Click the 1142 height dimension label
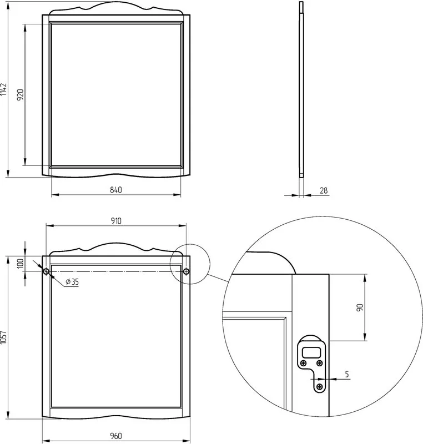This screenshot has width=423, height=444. pyautogui.click(x=3, y=89)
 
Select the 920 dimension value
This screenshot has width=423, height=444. pyautogui.click(x=21, y=95)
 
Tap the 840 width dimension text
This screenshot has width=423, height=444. pyautogui.click(x=116, y=190)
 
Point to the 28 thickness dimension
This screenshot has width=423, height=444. pyautogui.click(x=324, y=190)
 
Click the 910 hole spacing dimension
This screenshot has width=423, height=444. pyautogui.click(x=116, y=220)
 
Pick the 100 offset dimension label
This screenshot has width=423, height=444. pyautogui.click(x=21, y=263)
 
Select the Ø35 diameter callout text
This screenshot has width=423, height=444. pyautogui.click(x=72, y=282)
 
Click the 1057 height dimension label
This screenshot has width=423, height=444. pyautogui.click(x=3, y=337)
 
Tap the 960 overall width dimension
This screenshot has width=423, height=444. pyautogui.click(x=116, y=436)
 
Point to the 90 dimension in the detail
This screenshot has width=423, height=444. pyautogui.click(x=360, y=307)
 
